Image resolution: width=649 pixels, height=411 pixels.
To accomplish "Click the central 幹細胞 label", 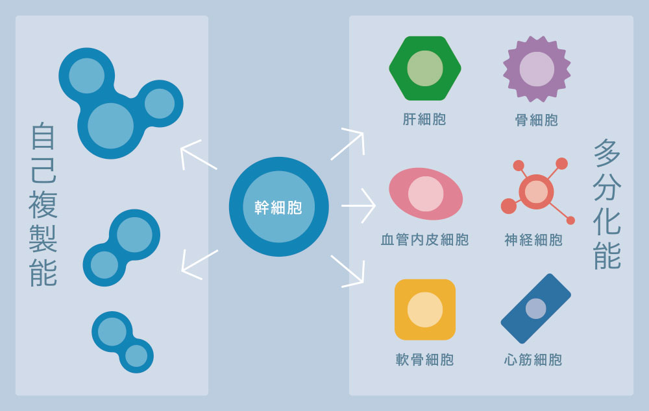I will pos(278,207).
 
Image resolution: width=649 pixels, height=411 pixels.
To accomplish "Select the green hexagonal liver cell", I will pos(424,68).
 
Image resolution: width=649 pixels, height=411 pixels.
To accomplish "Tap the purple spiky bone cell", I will pos(537,69).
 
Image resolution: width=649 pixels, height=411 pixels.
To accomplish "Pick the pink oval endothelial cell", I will pos(426,194).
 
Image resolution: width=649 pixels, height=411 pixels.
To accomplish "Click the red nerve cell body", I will pos(536,192).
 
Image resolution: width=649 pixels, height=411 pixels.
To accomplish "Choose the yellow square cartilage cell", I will pos(425,310).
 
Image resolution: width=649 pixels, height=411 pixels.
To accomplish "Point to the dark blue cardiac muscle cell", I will pos(536,309).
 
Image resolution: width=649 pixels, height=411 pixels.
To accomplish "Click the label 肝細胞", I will pos(424,119).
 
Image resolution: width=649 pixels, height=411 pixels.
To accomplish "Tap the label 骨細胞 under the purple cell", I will pos(537,120).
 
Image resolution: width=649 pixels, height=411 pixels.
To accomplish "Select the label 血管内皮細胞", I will pos(425,240).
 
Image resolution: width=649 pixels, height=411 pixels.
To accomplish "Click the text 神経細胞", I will pos(534,240).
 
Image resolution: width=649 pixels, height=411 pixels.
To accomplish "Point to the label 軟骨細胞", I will pos(425,360).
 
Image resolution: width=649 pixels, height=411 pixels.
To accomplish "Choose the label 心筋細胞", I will pos(533,360).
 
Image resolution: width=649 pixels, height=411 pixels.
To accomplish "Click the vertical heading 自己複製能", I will pos(43,204).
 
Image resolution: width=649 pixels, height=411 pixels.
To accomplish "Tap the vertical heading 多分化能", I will pos(607,204).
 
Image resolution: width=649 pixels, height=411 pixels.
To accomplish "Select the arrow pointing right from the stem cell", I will pos(359,205).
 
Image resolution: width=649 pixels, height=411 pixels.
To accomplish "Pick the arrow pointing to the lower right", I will pos(349,270).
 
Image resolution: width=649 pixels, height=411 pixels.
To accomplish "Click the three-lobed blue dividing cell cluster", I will pos(117,104).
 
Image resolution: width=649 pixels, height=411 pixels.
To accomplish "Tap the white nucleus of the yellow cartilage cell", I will pos(425,310).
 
